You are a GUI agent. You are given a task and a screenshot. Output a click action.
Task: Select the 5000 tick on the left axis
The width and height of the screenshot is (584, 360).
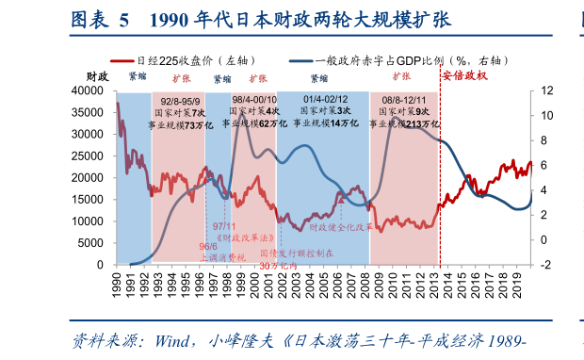[93, 242]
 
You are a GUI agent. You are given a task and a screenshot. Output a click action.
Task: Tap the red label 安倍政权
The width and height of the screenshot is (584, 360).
[463, 75]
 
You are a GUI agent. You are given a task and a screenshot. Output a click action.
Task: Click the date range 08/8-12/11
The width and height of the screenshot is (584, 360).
[405, 99]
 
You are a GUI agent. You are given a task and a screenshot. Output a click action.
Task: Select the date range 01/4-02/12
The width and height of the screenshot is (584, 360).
[325, 99]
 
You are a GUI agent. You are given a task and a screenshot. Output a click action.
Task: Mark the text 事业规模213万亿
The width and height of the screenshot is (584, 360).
[406, 123]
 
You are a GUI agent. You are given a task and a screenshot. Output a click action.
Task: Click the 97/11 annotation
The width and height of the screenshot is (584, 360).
[225, 226]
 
